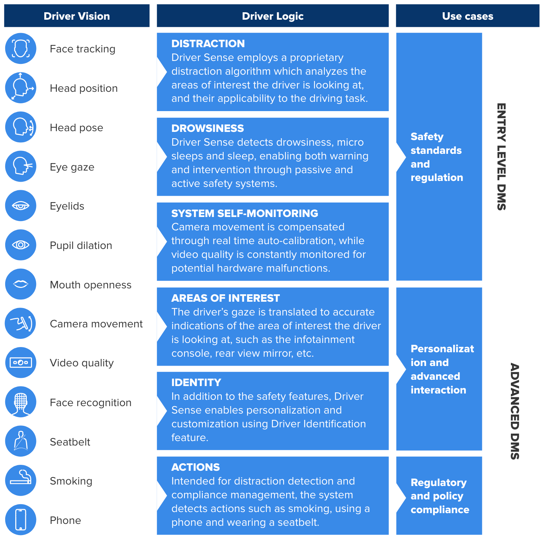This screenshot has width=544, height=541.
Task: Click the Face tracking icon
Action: (x=20, y=49)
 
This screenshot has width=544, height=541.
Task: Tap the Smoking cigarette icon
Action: (x=20, y=480)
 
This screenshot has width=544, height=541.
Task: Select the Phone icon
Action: (x=20, y=519)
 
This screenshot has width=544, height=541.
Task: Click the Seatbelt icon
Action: (x=20, y=441)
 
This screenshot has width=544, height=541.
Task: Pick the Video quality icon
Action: (x=20, y=363)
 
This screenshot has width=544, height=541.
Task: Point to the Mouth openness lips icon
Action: (x=20, y=284)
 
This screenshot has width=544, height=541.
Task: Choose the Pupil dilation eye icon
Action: (x=20, y=245)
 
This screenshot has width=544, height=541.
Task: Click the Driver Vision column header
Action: (x=77, y=16)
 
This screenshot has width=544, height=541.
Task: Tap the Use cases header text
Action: (x=467, y=16)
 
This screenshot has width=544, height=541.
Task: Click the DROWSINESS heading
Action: (x=208, y=129)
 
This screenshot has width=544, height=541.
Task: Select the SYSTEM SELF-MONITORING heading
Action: (x=244, y=213)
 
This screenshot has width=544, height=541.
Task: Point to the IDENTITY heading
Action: (x=196, y=383)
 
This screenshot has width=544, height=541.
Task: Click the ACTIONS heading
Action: (x=195, y=467)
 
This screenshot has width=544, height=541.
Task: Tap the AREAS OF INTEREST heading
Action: (x=225, y=298)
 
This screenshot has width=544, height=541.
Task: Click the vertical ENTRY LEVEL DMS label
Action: (x=501, y=157)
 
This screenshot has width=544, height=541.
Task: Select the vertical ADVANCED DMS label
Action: (x=515, y=411)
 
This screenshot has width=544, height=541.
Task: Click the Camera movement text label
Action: (x=96, y=324)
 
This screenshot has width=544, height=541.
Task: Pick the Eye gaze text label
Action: (x=72, y=167)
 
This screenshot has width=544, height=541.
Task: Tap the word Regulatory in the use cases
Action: (x=438, y=483)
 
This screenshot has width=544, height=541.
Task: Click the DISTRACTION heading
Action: (x=208, y=44)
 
